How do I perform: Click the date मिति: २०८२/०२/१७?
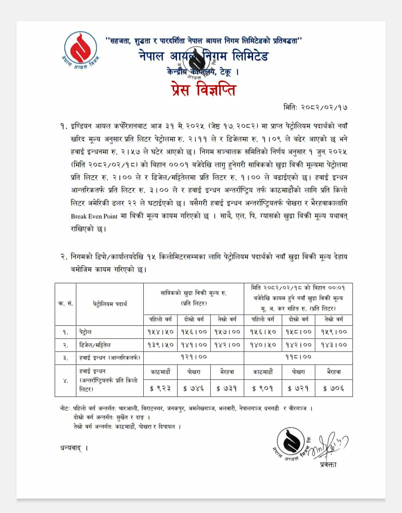click(316, 107)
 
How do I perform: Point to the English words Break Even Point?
click(94, 216)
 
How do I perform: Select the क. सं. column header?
click(66, 304)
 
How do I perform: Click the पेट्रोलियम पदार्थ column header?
click(110, 304)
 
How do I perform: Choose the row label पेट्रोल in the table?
click(85, 332)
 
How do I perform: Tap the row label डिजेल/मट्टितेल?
click(95, 345)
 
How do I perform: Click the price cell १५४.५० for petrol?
click(160, 332)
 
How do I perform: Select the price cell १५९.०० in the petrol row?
click(334, 332)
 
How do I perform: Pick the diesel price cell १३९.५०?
click(160, 345)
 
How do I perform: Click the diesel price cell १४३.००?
click(334, 345)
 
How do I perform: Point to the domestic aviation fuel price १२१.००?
click(194, 357)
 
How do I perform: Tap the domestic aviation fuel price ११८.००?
click(298, 357)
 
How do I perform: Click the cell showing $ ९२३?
click(160, 389)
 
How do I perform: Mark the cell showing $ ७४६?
click(194, 389)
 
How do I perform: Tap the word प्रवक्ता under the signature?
click(328, 465)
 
